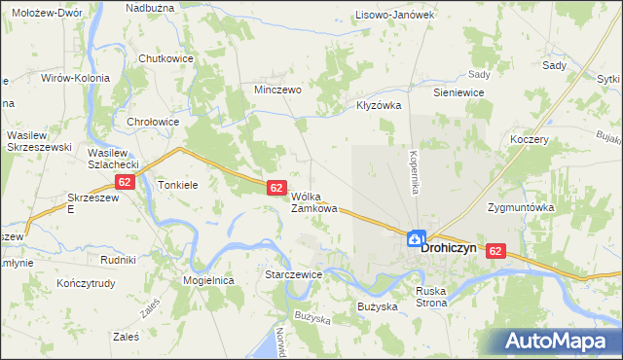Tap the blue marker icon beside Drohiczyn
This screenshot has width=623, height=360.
pos(416,237)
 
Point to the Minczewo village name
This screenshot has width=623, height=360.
pos(277,89)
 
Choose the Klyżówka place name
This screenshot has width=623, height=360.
pos(380,105)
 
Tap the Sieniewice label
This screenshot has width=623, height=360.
pos(459,91)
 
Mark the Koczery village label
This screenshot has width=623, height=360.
pos(530,139)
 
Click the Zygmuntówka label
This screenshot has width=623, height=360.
pos(521,207)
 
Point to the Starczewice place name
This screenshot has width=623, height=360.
pos(293,275)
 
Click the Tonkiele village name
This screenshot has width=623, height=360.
pos(178,184)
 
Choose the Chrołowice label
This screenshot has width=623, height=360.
pos(153,122)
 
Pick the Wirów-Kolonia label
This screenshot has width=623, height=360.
pos(75,77)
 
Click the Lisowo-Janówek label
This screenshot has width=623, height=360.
pos(394,15)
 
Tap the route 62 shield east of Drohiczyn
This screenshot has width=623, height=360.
pos(496,251)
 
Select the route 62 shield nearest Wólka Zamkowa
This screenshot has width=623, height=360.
pos(275,187)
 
